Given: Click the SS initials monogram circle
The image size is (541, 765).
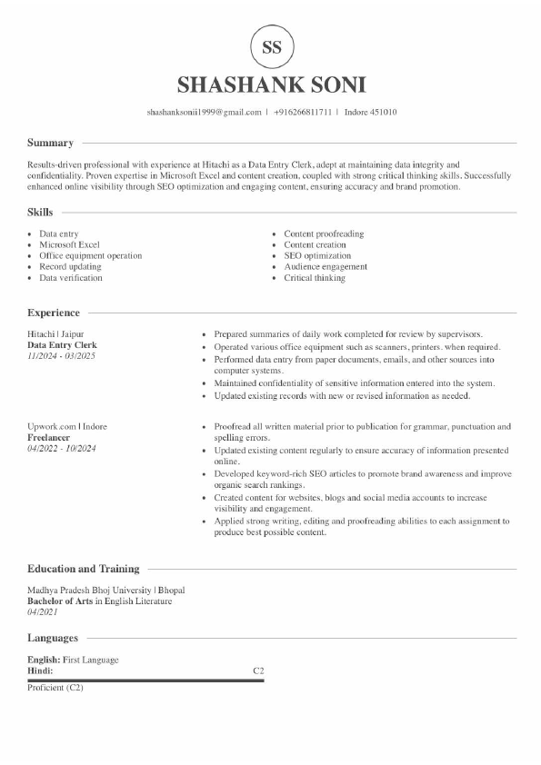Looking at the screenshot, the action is tap(271, 48).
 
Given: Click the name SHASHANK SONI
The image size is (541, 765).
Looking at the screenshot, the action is tap(271, 85).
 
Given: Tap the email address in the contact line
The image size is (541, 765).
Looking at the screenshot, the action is tap(204, 113).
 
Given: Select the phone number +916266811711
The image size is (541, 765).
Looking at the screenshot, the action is tap(303, 113).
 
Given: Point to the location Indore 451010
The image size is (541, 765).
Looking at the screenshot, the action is tap(370, 113).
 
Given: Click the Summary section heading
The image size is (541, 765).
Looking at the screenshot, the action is tap(50, 143).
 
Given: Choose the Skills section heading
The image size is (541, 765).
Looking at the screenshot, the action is tap(40, 212).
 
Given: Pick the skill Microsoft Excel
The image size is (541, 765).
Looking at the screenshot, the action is tap(69, 245).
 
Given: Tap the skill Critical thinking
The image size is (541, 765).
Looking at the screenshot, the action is tap(315, 278).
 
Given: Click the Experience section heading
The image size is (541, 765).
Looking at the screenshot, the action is tap(54, 313).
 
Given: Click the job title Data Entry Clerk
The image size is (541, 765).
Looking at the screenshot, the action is tap(62, 345).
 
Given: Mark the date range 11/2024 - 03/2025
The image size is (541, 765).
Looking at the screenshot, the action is tap(61, 356).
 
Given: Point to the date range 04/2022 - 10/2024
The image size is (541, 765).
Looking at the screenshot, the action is tap(62, 448).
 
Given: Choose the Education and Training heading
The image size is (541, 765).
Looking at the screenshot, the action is tap(84, 569).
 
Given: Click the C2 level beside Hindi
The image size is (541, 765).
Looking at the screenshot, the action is tap(258, 671).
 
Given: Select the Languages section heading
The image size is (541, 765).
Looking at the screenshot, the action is tap(53, 638).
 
